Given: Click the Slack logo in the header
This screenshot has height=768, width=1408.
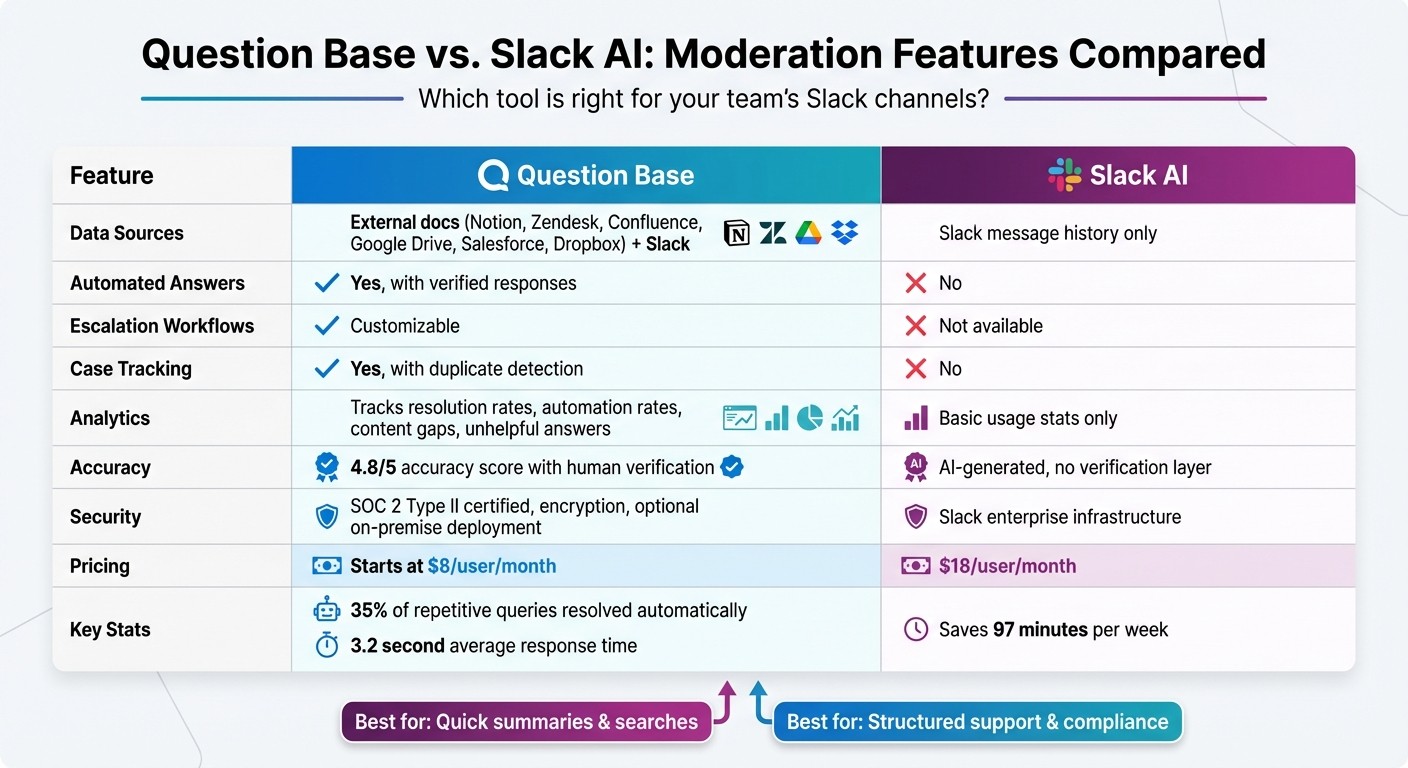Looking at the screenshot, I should tap(1064, 175).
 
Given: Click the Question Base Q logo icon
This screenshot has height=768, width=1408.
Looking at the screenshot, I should tap(494, 175).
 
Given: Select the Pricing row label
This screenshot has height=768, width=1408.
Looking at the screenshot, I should tap(100, 566).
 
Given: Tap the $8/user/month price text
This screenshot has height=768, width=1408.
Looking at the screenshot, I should tap(491, 566).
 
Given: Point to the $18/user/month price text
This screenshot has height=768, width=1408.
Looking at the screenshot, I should tap(1007, 566).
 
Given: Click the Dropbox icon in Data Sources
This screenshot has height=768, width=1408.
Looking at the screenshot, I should tap(845, 233).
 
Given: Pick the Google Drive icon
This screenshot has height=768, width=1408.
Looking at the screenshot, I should tap(808, 233).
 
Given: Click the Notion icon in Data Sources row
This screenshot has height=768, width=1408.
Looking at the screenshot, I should tap(736, 233).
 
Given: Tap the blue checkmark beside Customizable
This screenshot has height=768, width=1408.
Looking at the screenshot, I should tap(326, 326).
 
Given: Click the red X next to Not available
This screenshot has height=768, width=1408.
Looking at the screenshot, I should tap(915, 326).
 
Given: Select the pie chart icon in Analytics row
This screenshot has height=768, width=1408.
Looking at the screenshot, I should tap(810, 418).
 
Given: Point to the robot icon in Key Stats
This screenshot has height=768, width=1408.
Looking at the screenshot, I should tap(326, 610).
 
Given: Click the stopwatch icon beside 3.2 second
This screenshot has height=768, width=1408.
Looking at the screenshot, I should tap(326, 646).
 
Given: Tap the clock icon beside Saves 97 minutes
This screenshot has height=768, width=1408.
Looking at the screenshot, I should tap(915, 629).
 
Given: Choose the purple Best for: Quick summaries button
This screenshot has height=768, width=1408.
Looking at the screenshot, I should tap(526, 722).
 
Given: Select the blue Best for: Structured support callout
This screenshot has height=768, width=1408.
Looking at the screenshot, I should tap(977, 722).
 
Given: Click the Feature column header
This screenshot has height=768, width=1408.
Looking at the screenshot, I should tap(112, 176).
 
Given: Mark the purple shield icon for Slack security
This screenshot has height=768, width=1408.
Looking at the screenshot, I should tap(915, 517).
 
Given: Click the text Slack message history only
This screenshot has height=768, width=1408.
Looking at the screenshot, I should tap(1047, 234).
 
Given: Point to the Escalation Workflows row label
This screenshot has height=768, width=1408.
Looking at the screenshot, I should tap(162, 326).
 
